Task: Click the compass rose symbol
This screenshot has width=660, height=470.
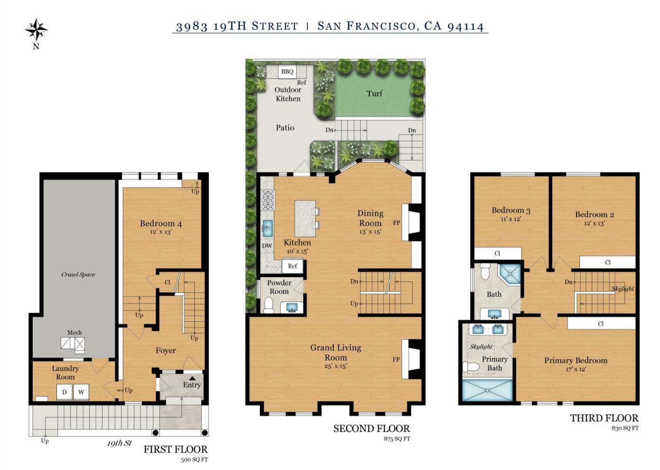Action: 36,30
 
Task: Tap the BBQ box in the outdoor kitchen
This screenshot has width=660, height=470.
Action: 287,72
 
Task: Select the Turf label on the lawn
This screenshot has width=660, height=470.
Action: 374,93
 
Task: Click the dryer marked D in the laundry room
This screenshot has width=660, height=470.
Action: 64,392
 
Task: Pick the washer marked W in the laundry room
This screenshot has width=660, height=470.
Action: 81,392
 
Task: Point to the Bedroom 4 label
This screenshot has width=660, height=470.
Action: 161,223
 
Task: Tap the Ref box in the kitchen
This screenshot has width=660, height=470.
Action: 293,266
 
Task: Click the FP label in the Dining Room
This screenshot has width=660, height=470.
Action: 396,223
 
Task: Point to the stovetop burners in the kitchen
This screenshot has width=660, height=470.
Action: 268,200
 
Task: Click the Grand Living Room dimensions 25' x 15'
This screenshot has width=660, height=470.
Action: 335,366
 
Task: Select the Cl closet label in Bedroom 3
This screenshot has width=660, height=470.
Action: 497,253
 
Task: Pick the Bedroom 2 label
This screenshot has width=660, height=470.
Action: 595,214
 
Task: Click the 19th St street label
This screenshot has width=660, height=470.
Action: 119,443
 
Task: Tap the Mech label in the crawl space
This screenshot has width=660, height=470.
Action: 74,332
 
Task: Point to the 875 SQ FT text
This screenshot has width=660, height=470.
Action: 397,439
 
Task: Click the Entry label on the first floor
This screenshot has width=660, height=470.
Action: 192,385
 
